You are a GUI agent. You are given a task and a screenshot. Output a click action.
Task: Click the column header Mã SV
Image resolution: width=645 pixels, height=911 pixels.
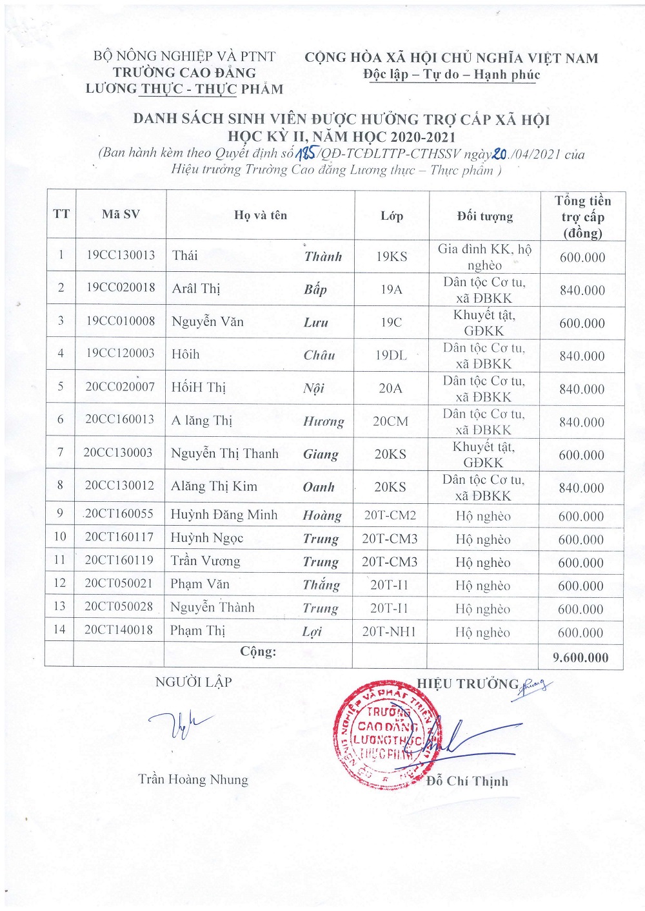coord(121,215)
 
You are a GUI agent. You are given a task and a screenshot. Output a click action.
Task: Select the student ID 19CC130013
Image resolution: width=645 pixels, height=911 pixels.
coord(121,255)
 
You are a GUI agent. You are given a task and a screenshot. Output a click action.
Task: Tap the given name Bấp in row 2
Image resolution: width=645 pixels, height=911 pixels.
coord(315,289)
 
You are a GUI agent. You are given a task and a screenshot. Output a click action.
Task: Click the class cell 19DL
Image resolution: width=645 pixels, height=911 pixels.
coord(391,355)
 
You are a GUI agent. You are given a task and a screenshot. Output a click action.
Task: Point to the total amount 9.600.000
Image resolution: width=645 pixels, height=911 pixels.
coord(580,657)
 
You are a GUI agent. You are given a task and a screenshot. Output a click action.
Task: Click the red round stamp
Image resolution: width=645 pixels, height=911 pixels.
coord(385,735)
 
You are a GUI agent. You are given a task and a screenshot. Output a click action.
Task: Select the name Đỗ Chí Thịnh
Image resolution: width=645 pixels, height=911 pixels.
coord(467,781)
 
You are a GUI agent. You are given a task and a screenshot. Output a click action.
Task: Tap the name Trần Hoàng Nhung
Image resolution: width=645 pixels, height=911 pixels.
coord(193,780)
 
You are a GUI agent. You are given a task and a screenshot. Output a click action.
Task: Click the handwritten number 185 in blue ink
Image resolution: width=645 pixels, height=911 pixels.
coord(304,153)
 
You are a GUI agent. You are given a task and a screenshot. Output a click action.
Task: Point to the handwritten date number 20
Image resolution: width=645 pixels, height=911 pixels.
coord(499,153)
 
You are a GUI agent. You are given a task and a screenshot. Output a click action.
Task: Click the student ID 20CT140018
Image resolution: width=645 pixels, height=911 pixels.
coord(119,629)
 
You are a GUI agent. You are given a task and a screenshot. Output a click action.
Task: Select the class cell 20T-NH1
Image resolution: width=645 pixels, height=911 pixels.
coord(389,631)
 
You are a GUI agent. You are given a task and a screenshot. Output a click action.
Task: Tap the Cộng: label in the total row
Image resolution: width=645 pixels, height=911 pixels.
coord(258,651)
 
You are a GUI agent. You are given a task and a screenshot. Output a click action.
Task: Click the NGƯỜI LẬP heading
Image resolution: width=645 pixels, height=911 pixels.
coord(193,682)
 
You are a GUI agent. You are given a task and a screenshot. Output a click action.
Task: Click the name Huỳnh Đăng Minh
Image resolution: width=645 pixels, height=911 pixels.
coord(224,514)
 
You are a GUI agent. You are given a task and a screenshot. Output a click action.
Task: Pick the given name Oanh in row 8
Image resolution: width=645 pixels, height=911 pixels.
coord(319,487)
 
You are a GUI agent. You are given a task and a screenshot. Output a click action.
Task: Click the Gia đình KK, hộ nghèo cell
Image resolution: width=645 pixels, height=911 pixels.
coord(484,256)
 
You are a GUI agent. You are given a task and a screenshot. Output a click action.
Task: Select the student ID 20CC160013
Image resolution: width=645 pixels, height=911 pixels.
coord(119,419)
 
